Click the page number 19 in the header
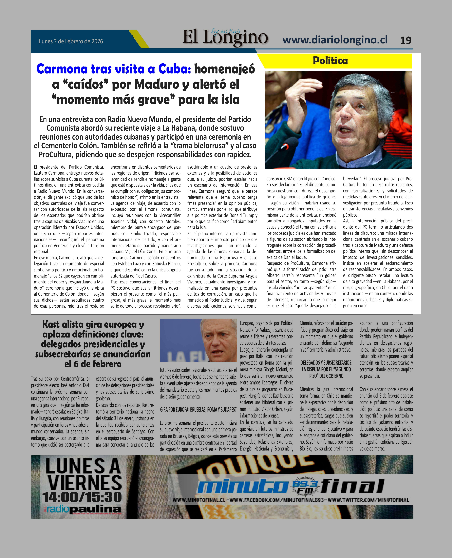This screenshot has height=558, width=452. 405,40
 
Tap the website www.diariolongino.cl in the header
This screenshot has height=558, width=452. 335,40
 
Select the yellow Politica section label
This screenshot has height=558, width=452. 330,61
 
